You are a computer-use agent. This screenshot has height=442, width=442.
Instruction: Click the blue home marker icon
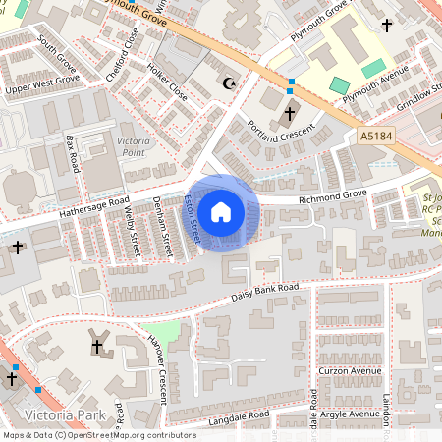click(221, 211)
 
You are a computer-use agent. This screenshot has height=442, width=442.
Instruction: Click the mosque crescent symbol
click(232, 83)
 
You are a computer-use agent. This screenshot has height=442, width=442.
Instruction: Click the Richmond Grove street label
click(332, 195)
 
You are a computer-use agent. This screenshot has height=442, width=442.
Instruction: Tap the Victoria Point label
click(134, 148)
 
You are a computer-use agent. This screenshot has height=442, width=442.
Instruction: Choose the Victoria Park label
click(66, 415)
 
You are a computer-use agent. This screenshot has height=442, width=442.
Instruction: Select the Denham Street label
click(166, 227)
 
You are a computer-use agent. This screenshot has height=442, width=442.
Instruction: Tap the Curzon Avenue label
click(350, 371)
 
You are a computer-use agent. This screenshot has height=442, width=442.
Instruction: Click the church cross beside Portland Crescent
click(290, 114)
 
